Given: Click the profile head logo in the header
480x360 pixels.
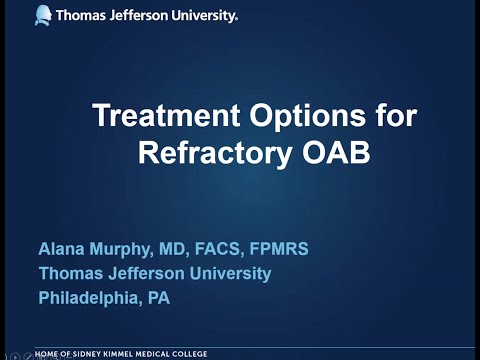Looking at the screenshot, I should [44, 15].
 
